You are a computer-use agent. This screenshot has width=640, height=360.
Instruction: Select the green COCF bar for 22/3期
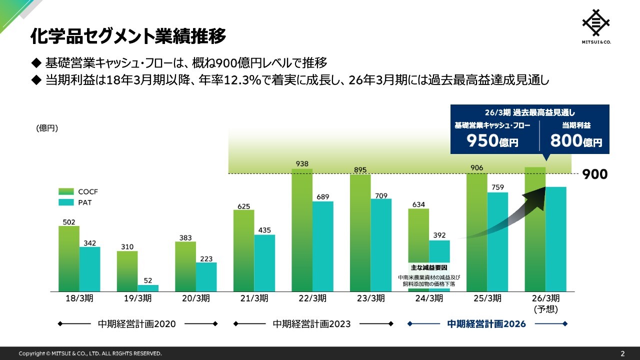[302, 230]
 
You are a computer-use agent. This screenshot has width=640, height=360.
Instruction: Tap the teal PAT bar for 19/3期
[148, 288]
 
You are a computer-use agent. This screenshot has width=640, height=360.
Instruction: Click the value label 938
[302, 163]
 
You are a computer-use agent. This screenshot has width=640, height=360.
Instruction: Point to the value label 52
[148, 280]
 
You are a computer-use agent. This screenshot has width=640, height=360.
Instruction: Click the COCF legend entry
[75, 191]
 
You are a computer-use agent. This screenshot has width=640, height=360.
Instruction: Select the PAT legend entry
[75, 202]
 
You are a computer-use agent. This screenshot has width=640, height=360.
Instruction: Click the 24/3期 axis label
[429, 298]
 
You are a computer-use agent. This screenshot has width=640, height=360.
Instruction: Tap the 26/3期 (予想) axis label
[545, 303]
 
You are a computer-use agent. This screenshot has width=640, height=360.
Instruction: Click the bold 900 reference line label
[595, 174]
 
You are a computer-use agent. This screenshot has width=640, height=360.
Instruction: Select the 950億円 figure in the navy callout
[492, 141]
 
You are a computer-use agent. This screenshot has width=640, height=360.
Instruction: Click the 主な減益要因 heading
[429, 268]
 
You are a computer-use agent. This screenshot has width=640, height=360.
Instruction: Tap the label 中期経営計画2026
[486, 324]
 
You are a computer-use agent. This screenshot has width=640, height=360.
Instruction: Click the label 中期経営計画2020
[137, 324]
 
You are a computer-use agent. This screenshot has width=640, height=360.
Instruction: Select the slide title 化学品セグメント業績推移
[128, 36]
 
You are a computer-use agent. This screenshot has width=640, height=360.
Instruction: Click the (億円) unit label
[47, 128]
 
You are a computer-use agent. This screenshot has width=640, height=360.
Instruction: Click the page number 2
[622, 353]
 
